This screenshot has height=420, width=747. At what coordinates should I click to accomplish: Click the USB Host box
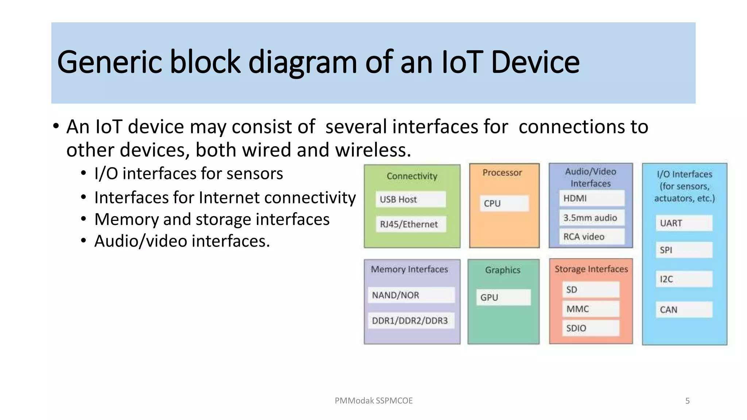(410, 199)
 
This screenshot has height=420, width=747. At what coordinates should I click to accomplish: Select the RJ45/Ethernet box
(410, 224)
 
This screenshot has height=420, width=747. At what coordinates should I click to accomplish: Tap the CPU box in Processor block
(504, 203)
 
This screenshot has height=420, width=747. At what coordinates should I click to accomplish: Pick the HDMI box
(591, 198)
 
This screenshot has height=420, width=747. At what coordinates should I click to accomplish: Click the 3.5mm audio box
(591, 218)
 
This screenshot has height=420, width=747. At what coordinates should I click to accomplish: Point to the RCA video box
(591, 237)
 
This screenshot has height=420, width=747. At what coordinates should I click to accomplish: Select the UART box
(684, 223)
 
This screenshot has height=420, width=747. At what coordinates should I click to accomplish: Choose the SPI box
(684, 250)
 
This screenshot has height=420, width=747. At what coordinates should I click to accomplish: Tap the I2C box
(684, 279)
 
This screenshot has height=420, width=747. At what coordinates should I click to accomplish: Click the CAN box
(684, 310)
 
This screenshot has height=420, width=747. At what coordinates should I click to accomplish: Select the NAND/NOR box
(411, 295)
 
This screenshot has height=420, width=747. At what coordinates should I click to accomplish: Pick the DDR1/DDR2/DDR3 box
(411, 320)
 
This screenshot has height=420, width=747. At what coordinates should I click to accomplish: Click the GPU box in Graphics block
(503, 297)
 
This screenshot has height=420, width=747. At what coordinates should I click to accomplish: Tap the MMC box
(591, 309)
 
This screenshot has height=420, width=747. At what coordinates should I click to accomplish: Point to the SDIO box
(591, 328)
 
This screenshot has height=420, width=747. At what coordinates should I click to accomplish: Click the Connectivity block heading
(412, 176)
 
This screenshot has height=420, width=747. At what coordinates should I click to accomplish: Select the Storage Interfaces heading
(591, 269)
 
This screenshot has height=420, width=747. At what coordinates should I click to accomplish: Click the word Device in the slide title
(535, 62)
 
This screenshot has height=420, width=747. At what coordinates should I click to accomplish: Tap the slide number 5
(687, 401)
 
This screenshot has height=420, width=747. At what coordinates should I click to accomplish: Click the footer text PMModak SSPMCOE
(373, 401)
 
